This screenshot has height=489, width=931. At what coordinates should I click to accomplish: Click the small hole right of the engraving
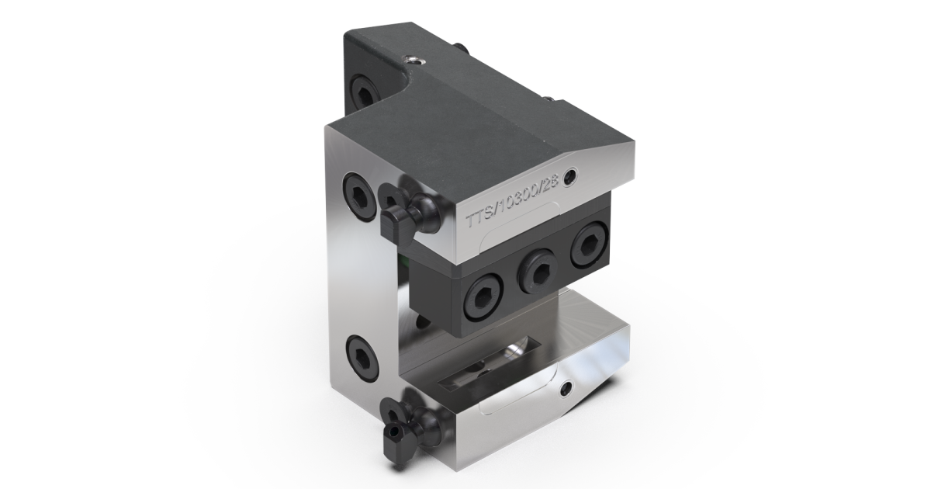(573, 176)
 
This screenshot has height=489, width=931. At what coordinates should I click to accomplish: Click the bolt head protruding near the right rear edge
(549, 99)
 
